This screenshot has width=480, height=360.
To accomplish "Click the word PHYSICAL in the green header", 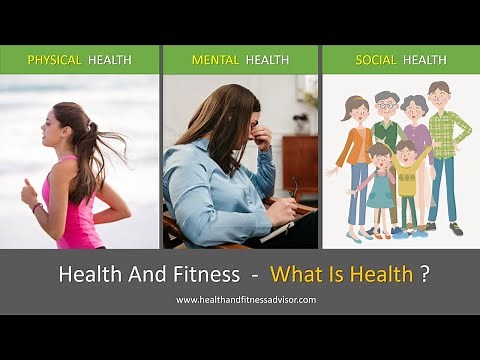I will pyautogui.click(x=54, y=60).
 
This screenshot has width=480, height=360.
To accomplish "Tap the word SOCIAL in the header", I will pyautogui.click(x=376, y=60).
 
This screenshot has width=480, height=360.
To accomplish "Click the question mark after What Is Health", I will pyautogui.click(x=425, y=274).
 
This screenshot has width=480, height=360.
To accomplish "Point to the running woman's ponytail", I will pyautogui.click(x=92, y=150).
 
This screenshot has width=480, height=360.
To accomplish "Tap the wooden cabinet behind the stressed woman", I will pyautogui.click(x=299, y=165).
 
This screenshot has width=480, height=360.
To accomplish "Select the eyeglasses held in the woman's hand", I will pyautogui.click(x=292, y=187).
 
